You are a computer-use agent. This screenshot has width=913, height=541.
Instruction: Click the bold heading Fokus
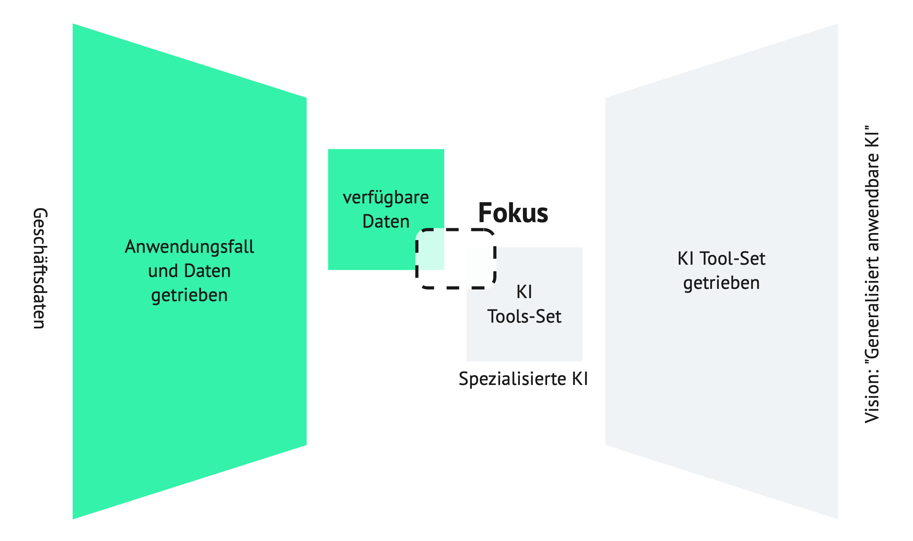(x=513, y=213)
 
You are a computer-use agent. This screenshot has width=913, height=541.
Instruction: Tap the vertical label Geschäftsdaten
(x=40, y=268)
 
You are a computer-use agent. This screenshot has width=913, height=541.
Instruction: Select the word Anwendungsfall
(x=189, y=247)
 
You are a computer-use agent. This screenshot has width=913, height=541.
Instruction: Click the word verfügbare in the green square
(x=386, y=198)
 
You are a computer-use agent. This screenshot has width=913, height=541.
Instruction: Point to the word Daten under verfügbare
(x=386, y=222)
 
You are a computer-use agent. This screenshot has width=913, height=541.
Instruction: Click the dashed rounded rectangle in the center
(x=455, y=230)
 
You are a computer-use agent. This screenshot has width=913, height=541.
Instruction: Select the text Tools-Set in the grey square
(x=524, y=316)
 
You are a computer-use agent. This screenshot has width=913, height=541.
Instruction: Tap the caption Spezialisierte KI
(x=523, y=379)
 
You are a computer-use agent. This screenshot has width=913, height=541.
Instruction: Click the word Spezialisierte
(x=512, y=379)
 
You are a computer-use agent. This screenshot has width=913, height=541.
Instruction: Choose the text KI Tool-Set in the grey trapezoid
(x=721, y=259)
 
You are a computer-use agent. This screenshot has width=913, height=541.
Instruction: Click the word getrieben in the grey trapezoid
(x=721, y=283)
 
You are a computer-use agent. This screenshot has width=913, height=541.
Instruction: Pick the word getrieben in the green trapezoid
(x=189, y=295)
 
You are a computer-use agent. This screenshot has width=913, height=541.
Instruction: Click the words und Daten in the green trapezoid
(x=189, y=271)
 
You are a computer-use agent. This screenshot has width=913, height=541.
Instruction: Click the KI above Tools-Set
(x=524, y=292)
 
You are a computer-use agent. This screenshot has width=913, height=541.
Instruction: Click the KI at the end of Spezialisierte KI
(x=580, y=379)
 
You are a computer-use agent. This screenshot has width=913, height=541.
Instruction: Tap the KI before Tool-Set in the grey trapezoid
(x=685, y=259)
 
